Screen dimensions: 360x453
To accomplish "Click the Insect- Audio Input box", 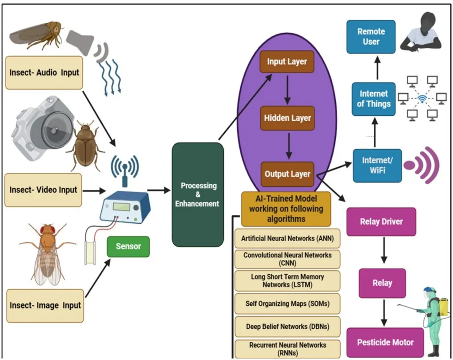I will tap(44, 73).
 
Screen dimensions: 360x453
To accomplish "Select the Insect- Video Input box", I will tap(43, 190).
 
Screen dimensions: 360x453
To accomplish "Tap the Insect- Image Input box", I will tap(45, 306).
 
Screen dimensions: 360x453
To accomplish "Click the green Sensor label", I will tap(128, 246).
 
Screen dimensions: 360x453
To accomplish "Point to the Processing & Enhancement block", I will tap(197, 195).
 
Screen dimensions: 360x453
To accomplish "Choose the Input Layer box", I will tap(287, 62).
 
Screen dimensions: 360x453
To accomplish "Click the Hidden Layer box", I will tap(288, 118).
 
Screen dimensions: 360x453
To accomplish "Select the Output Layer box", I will tap(288, 174).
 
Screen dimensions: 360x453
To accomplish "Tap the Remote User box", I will tap(371, 37).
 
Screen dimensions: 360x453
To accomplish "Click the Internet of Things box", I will tap(374, 99).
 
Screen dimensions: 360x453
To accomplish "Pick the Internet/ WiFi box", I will tap(377, 166).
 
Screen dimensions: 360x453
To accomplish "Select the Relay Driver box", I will tap(381, 222).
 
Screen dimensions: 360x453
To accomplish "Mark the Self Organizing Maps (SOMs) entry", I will tap(287, 304).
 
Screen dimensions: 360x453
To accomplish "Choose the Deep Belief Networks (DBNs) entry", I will tap(287, 326).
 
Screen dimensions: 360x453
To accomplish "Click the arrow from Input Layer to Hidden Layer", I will tap(287, 90).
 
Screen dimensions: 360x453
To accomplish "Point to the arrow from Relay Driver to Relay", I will tap(383, 252).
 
